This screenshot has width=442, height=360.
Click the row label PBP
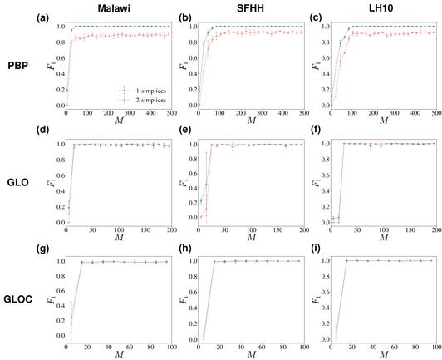pyautogui.click(x=20, y=64)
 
